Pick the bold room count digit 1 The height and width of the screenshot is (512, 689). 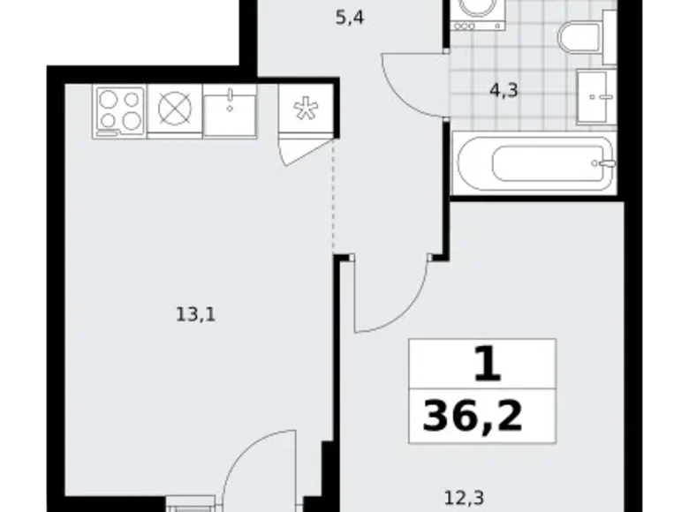click(483, 364)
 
